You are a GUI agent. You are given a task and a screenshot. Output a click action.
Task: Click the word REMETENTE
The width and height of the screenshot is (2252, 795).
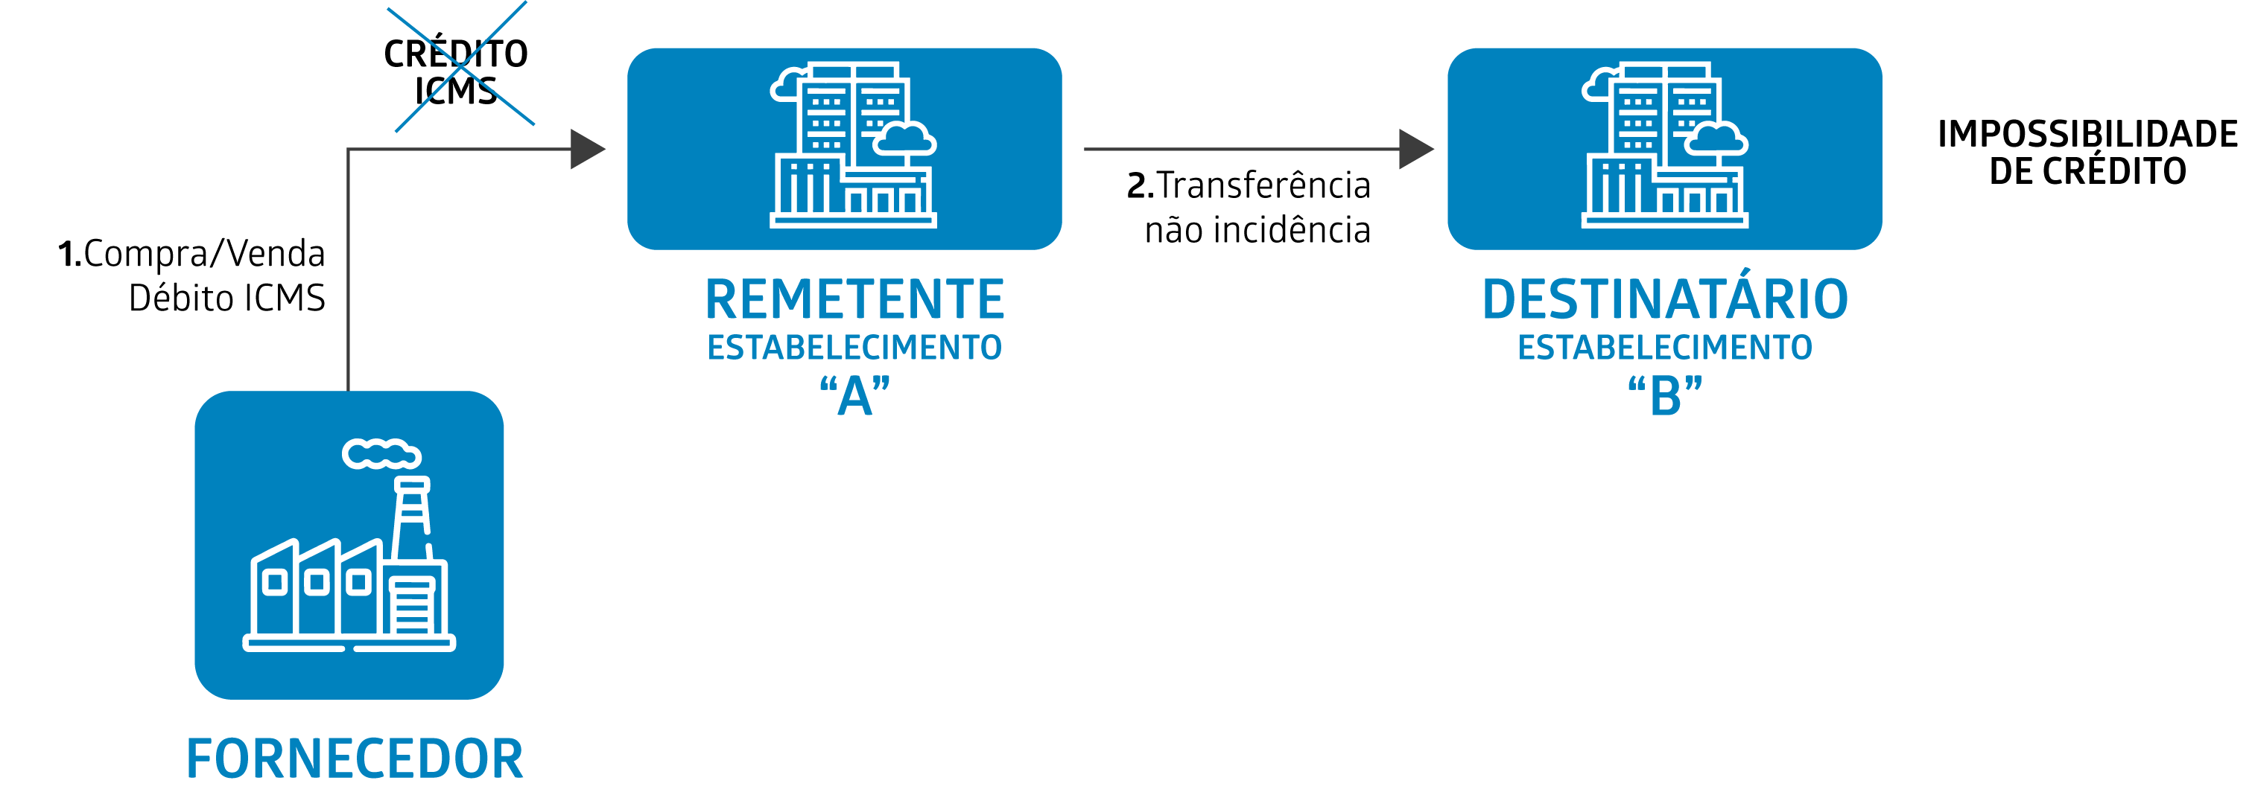pos(854,300)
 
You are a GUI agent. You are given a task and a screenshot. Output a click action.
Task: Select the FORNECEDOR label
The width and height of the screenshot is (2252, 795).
pos(354,759)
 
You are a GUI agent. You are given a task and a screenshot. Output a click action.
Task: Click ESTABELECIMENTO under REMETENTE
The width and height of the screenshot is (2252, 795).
pos(854,348)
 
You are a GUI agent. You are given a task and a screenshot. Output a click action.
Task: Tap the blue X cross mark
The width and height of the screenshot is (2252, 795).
pos(460,66)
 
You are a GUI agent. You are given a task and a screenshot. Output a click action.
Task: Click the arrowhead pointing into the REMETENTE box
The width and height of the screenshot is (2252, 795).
pos(586,150)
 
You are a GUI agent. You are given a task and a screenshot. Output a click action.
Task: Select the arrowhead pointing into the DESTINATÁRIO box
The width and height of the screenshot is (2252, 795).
pos(1415,150)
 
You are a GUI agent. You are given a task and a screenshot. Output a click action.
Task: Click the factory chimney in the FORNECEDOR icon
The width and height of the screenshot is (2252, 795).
pos(411,515)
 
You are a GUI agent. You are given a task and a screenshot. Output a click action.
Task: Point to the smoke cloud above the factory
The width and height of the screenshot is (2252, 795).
pos(381,454)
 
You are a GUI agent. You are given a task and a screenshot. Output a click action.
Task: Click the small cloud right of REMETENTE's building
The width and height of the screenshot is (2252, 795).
pos(905,140)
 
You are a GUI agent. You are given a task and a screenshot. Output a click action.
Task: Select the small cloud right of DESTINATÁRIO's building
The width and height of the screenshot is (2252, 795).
pos(1716,140)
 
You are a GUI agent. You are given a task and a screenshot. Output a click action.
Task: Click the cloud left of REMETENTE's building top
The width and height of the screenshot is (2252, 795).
pos(787,86)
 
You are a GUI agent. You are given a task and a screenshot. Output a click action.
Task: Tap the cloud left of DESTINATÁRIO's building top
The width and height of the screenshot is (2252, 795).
pos(1598,86)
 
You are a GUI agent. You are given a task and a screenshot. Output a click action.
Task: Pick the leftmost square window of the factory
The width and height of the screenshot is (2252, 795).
pos(274,582)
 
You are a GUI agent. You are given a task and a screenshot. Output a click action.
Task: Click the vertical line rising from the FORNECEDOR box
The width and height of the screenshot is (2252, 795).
pos(349,280)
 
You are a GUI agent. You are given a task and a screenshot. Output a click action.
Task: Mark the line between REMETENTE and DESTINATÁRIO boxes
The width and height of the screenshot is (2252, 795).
pos(1241,150)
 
